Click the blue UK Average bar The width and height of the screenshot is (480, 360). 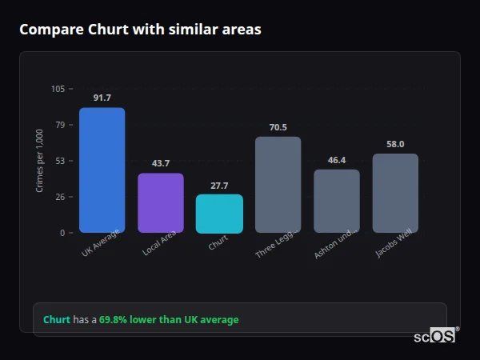pos(102,170)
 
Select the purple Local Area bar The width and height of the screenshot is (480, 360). pos(160,203)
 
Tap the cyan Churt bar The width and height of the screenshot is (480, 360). pos(219,214)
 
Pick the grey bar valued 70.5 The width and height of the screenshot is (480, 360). pos(278,185)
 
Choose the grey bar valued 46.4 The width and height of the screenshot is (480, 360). pos(337,201)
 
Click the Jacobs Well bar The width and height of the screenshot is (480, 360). pos(395,193)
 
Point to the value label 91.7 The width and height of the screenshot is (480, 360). pos(102,98)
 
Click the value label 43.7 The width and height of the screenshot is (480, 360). pos(160,163)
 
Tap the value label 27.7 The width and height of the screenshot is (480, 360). pos(219,185)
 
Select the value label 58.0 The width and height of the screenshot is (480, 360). pos(395,144)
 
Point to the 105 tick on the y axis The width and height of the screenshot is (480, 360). pos(58,89)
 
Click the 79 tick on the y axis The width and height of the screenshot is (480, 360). pos(59,125)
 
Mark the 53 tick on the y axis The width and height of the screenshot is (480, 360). pos(59,161)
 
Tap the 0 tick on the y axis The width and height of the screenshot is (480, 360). pos(62,233)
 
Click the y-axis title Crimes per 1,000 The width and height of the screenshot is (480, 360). pos(40,161)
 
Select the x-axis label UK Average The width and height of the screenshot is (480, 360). pos(100,243)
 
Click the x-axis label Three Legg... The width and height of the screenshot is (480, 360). pos(277,242)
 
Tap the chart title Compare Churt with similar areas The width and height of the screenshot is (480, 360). pos(140,30)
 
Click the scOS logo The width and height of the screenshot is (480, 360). pos(435,336)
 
